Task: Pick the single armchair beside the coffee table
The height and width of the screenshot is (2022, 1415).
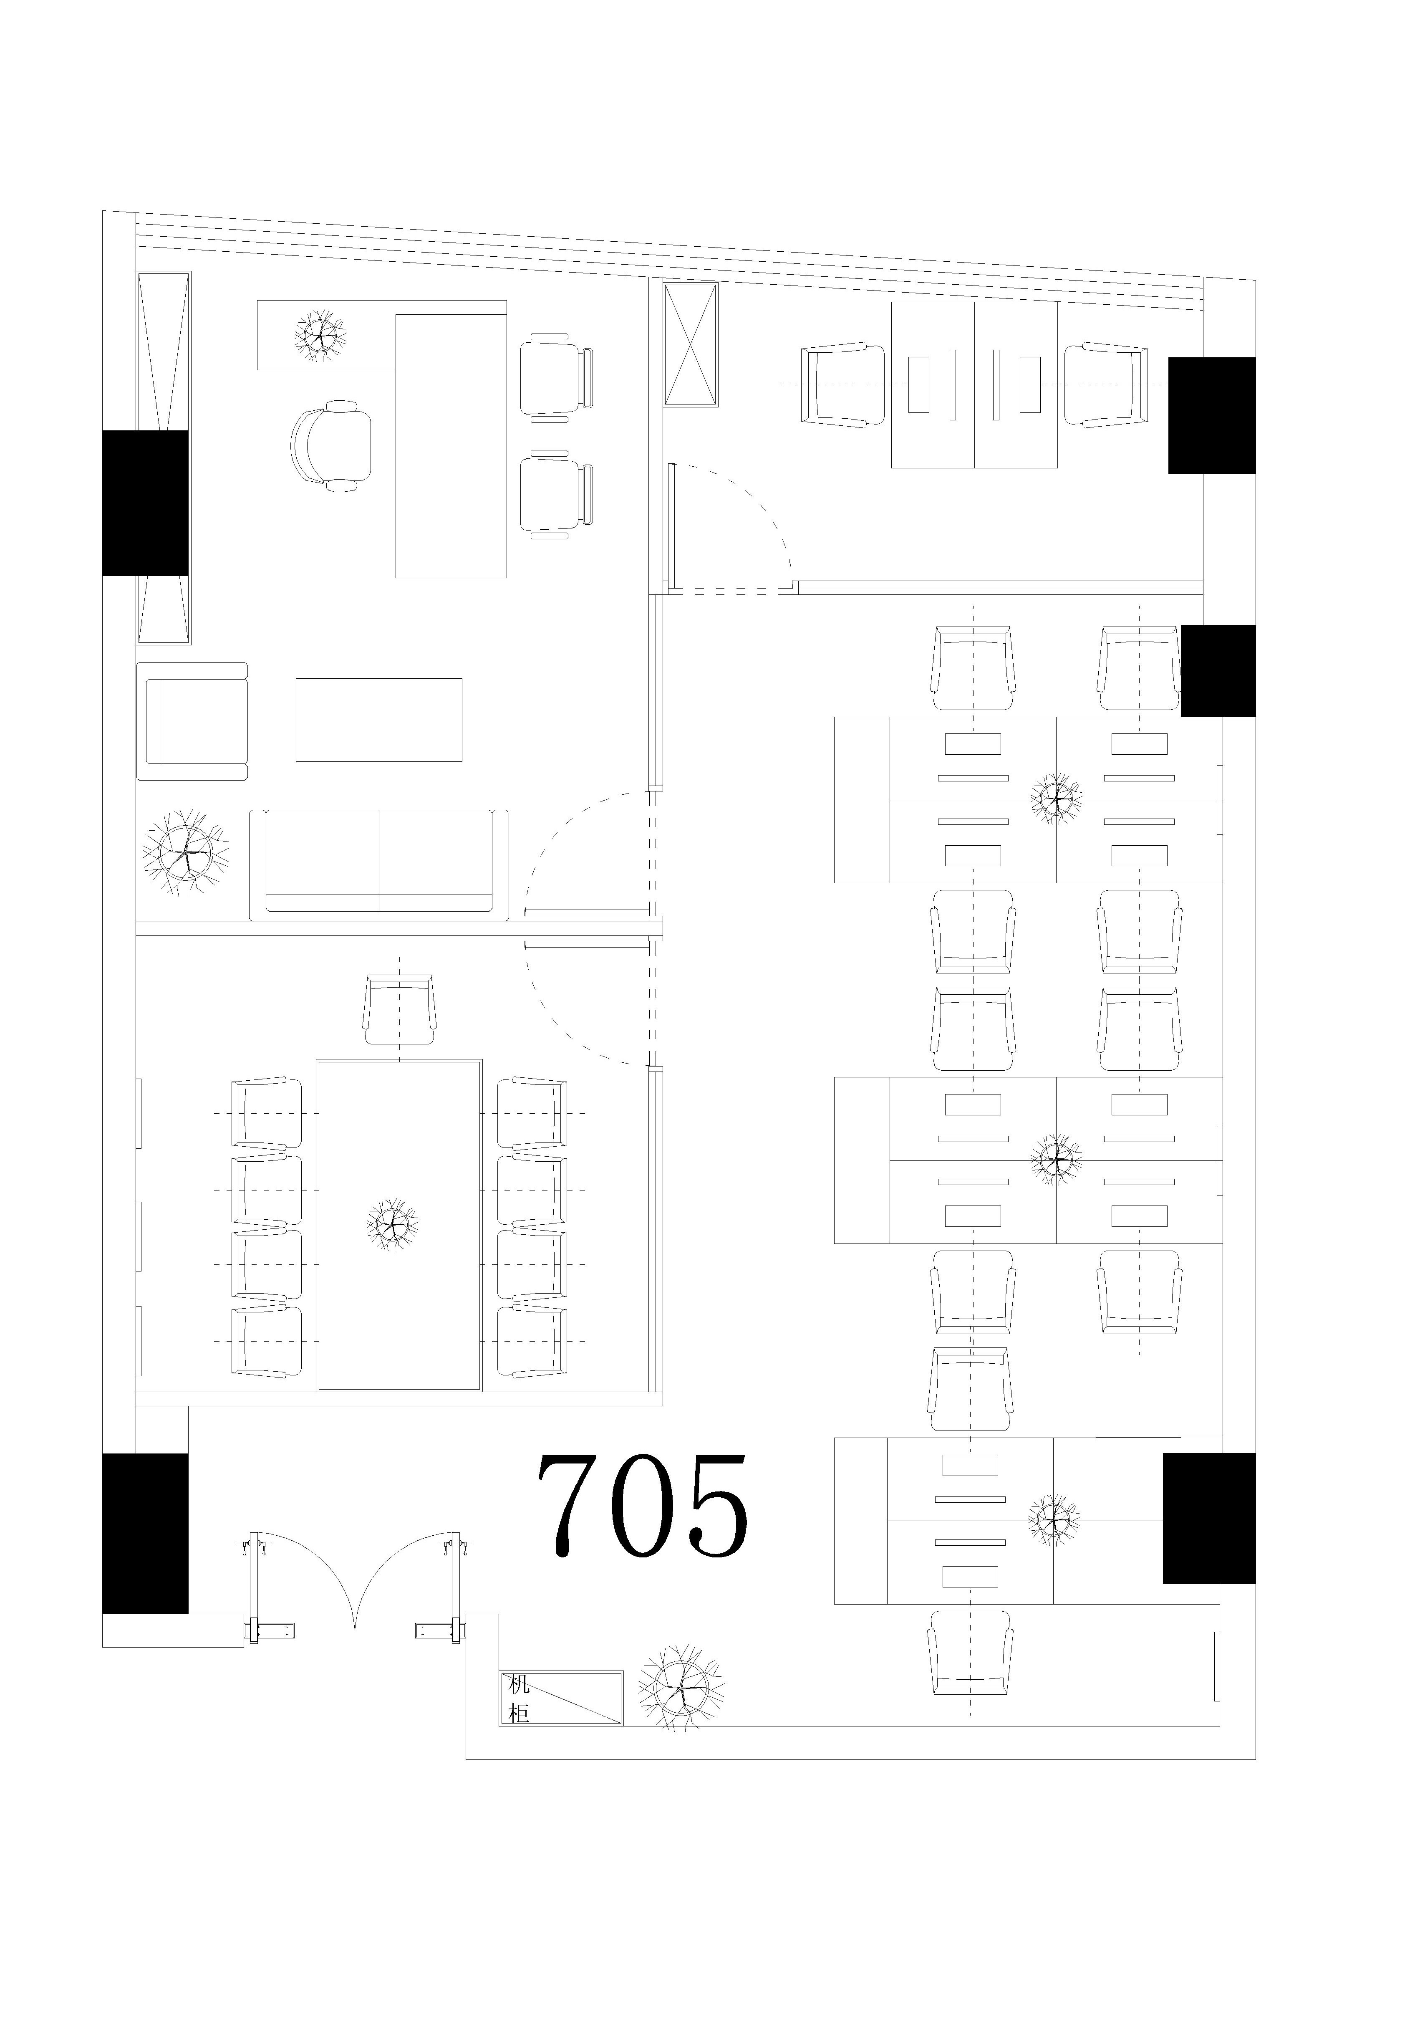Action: coord(192,721)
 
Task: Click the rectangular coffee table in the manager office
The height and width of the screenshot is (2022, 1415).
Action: coord(378,720)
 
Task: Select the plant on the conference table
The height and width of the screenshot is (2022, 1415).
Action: coord(392,1223)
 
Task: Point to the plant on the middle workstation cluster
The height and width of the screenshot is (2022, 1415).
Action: coord(1056,1159)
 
